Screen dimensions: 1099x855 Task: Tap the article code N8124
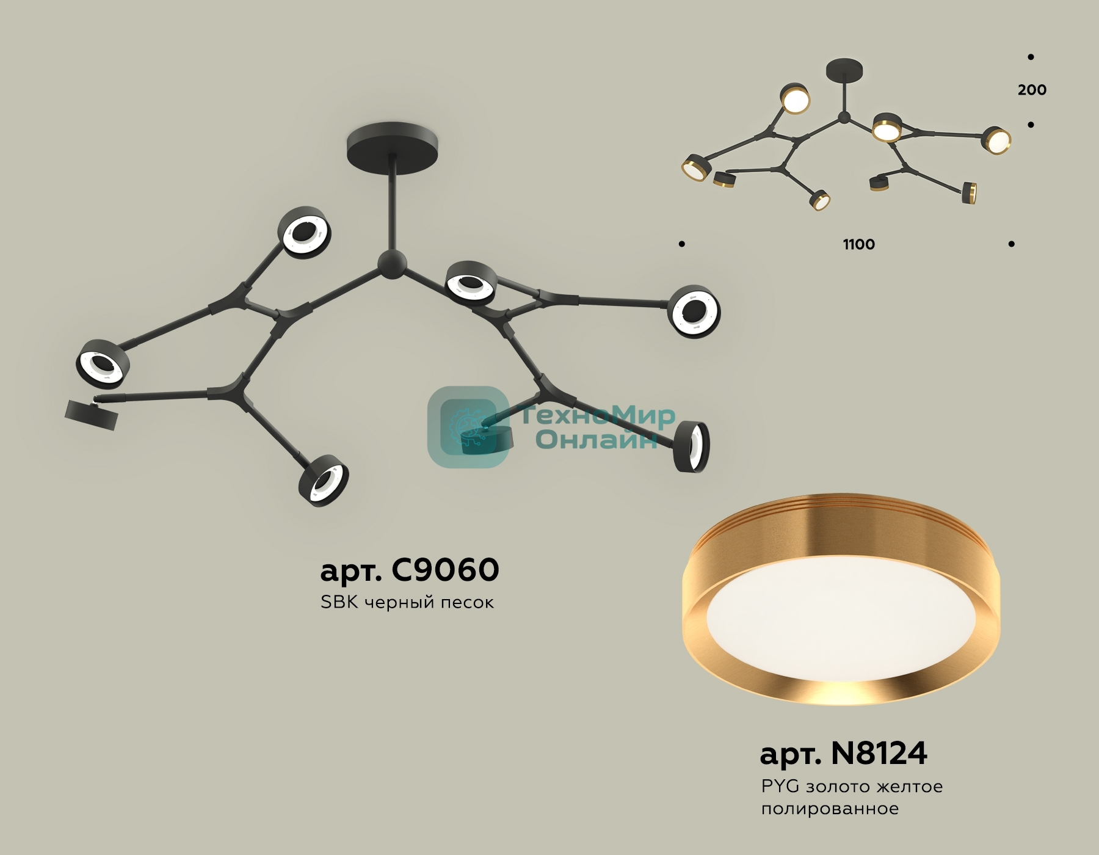(x=879, y=753)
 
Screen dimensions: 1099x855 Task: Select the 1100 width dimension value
(x=859, y=244)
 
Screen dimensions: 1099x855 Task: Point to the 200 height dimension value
(x=1032, y=90)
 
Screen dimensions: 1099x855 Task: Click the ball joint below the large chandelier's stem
(x=391, y=264)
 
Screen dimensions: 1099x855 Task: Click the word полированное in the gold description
(x=830, y=809)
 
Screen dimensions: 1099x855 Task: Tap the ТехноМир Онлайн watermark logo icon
(x=469, y=426)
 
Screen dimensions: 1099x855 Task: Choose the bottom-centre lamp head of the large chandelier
(x=324, y=481)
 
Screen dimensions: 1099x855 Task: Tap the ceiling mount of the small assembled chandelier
(x=845, y=69)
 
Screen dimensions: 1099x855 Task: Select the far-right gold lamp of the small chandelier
(x=996, y=140)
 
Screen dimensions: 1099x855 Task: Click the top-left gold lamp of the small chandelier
(x=795, y=98)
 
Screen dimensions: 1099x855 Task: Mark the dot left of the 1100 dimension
(x=682, y=244)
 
